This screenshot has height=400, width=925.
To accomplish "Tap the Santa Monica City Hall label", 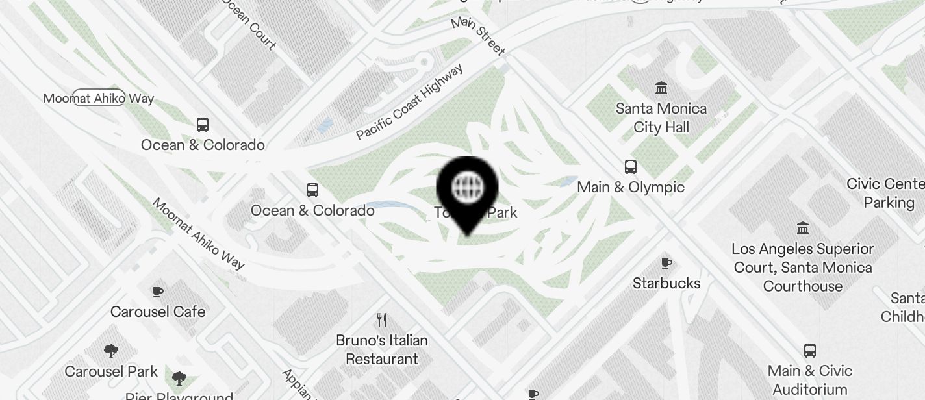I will click(661, 118).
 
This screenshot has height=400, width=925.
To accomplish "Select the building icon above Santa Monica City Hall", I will click(661, 88).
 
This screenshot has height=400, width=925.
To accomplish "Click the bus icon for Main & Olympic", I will click(630, 167).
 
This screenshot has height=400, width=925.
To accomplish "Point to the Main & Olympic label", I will click(630, 187).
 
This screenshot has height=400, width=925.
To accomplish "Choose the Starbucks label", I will click(666, 283).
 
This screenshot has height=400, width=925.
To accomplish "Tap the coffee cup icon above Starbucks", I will click(666, 263).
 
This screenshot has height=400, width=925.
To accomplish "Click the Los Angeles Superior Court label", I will click(803, 267).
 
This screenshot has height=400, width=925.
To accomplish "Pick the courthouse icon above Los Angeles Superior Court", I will click(803, 229).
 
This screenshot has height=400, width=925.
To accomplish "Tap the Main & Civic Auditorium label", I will click(809, 380).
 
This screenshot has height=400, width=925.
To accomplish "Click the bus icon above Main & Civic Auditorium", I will click(809, 351).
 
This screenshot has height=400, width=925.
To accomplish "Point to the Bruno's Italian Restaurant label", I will click(382, 349).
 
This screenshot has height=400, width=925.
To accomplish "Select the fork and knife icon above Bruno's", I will click(382, 320).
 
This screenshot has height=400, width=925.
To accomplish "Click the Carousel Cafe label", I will click(158, 312).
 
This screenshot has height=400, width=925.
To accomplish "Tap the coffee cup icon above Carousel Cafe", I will click(157, 292).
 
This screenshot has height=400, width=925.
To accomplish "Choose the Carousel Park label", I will click(111, 371).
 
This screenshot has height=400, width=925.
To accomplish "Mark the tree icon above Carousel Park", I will click(111, 351).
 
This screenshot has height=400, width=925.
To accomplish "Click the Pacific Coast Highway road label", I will click(410, 101).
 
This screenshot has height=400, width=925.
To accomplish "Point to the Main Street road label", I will click(478, 36).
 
